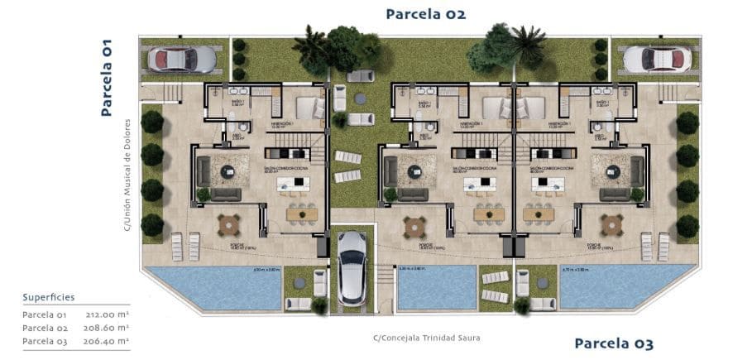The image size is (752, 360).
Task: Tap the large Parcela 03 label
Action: tap(614, 343)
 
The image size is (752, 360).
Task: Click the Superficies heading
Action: tap(49, 296)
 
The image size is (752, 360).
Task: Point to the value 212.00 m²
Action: tap(107, 314)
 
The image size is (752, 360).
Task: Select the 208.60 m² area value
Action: tap(107, 328)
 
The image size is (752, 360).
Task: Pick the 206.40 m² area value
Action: tap(107, 341)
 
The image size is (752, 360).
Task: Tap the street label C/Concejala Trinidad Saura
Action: tap(426, 338)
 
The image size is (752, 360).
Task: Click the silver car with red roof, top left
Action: tap(181, 60)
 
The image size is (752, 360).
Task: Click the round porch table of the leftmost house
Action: tap(228, 224)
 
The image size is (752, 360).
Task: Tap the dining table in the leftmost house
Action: tap(301, 214)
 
